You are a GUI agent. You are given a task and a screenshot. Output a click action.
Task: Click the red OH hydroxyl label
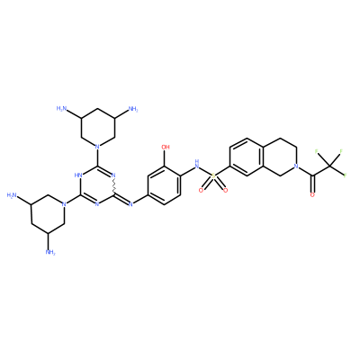[x=166, y=147]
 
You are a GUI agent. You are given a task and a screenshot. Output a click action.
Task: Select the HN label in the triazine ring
[x=79, y=175]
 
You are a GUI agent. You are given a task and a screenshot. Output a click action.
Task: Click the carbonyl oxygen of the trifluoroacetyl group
[x=312, y=195]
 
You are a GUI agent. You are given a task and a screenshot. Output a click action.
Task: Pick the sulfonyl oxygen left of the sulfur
[x=202, y=190]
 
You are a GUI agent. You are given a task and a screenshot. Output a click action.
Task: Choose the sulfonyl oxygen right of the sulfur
[x=225, y=190]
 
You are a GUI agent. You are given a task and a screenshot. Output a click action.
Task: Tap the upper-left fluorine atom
[x=317, y=151]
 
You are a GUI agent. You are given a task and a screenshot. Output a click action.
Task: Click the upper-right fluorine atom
[x=341, y=151]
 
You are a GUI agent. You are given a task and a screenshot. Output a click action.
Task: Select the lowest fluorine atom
[x=346, y=175]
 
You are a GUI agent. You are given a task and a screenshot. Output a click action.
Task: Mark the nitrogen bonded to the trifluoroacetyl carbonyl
[x=296, y=166]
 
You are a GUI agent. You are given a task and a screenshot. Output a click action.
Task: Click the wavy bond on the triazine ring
[x=114, y=186]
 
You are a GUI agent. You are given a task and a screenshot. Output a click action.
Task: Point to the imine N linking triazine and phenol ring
[x=130, y=204]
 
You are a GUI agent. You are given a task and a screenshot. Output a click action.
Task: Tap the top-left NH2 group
[x=61, y=109]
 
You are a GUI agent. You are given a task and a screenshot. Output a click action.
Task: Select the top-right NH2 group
[x=133, y=109]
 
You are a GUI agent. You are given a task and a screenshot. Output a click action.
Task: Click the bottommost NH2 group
[x=50, y=252]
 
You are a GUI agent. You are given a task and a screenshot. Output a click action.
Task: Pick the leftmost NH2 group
[x=12, y=196]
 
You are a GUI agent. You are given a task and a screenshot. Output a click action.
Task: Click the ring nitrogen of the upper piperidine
[x=97, y=147]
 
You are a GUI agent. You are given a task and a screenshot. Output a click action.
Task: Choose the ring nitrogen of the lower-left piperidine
[x=63, y=204]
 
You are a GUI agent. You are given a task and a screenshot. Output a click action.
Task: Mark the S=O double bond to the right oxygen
[x=220, y=184]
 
